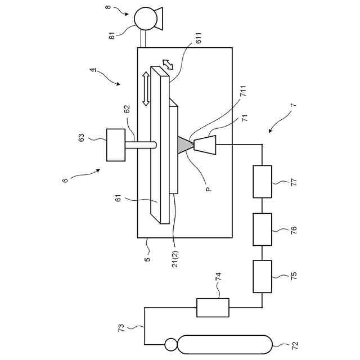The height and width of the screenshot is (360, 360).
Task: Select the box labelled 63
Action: pos(116,145)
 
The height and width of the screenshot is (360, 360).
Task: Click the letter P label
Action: pos(209,190)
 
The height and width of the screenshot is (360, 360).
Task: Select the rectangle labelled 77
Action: pos(262,182)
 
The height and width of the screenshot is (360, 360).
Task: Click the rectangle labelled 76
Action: pos(262,229)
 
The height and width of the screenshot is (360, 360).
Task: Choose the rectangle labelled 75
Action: pos(262,276)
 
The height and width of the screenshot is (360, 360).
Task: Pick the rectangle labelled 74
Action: pos(213,308)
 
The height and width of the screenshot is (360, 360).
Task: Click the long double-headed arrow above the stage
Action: pos(146,88)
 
